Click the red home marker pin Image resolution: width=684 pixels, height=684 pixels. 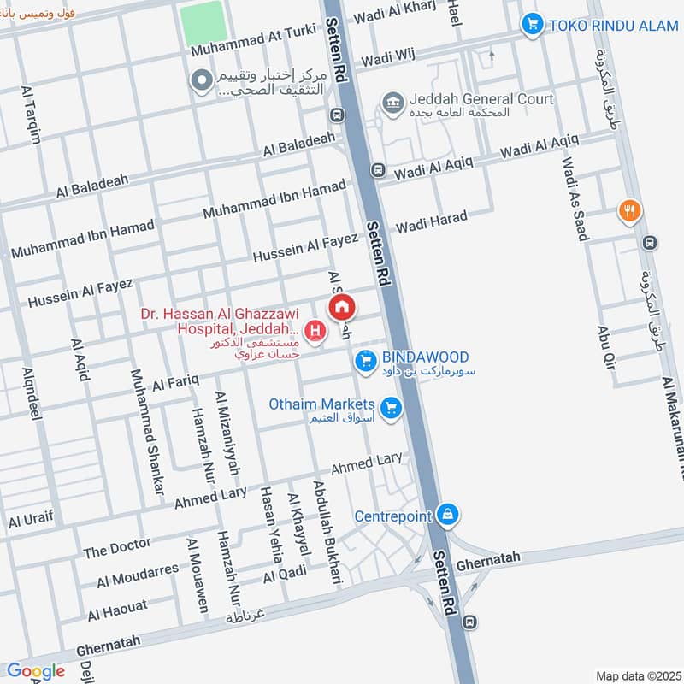342,307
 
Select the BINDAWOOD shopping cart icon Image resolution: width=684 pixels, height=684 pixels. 366,363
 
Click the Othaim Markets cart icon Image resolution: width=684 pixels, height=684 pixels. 392,408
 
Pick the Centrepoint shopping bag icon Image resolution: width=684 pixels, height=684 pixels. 446,516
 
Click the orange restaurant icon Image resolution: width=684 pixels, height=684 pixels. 629,210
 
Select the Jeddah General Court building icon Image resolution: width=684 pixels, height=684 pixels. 392,103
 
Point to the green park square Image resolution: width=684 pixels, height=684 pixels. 203,23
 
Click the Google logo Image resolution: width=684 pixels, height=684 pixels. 36,671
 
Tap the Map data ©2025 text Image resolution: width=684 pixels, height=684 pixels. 637,675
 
